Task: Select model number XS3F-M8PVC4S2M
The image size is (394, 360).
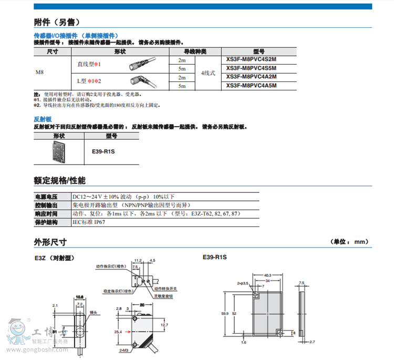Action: (x=251, y=59)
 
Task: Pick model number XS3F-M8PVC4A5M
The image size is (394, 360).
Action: (x=251, y=86)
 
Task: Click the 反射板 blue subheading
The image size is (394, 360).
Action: (x=43, y=119)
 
